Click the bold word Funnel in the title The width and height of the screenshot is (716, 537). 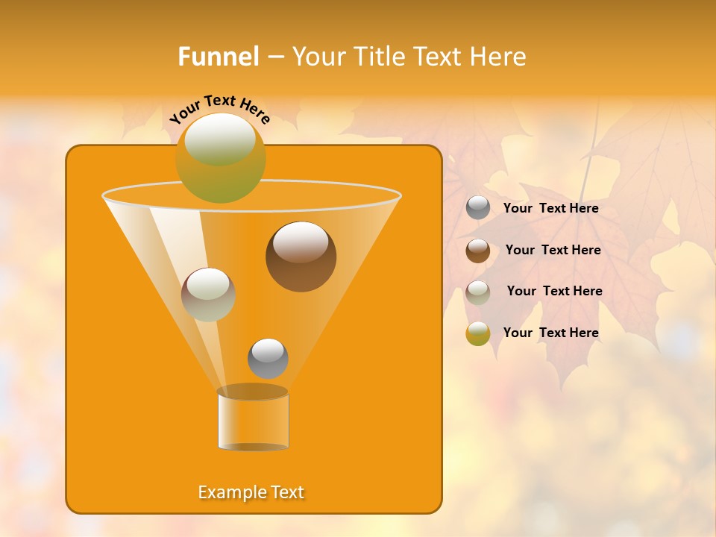(218, 56)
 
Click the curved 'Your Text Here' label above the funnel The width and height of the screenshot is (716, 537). (220, 109)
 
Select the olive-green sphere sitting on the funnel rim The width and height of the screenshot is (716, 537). (220, 157)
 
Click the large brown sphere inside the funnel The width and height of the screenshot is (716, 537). (301, 257)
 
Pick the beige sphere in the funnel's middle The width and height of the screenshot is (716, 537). (208, 295)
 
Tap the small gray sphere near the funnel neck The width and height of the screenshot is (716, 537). (268, 358)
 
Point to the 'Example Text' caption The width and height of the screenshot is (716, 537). (251, 492)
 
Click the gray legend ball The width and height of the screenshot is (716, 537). (478, 208)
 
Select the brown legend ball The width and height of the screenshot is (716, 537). (478, 250)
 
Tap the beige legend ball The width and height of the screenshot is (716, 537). (478, 292)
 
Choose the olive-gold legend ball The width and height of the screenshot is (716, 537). (478, 333)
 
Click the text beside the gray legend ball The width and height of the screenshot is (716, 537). (550, 208)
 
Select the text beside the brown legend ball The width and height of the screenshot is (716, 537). (553, 250)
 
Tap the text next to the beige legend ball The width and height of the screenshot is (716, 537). (554, 291)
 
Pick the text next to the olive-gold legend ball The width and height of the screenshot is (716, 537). (550, 333)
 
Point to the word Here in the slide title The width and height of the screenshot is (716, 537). (497, 56)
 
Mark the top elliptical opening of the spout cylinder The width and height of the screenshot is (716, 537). (253, 392)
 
